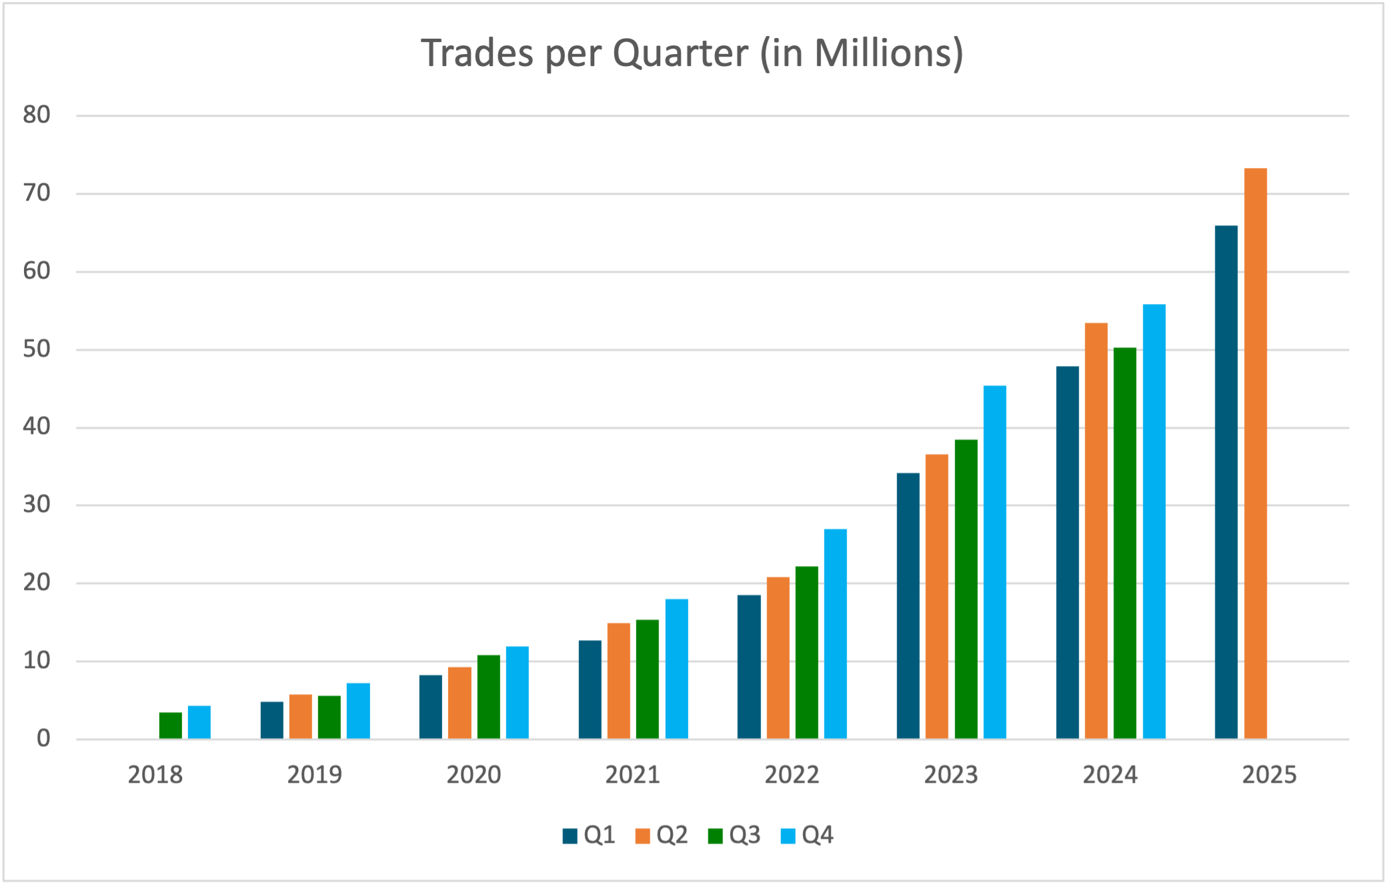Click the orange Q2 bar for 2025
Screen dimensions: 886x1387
point(1255,453)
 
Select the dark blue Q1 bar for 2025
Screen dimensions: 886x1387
point(1226,482)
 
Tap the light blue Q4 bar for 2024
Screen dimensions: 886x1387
point(1154,521)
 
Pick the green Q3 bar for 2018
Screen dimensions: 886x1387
point(170,725)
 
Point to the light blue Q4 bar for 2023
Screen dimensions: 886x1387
point(994,562)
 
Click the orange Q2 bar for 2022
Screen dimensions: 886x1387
point(778,657)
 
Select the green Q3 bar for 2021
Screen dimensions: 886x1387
point(647,679)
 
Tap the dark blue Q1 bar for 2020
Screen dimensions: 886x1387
point(430,707)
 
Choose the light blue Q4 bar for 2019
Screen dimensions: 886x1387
point(358,711)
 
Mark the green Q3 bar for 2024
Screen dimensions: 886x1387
point(1124,543)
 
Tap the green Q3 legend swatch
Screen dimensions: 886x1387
point(716,836)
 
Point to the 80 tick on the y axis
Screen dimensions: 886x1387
point(37,115)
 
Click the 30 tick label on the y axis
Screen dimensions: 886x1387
point(37,505)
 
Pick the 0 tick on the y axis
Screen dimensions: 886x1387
point(43,739)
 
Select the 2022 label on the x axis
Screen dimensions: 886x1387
point(792,775)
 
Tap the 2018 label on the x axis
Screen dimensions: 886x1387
point(155,775)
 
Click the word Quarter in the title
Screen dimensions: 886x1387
point(680,53)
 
